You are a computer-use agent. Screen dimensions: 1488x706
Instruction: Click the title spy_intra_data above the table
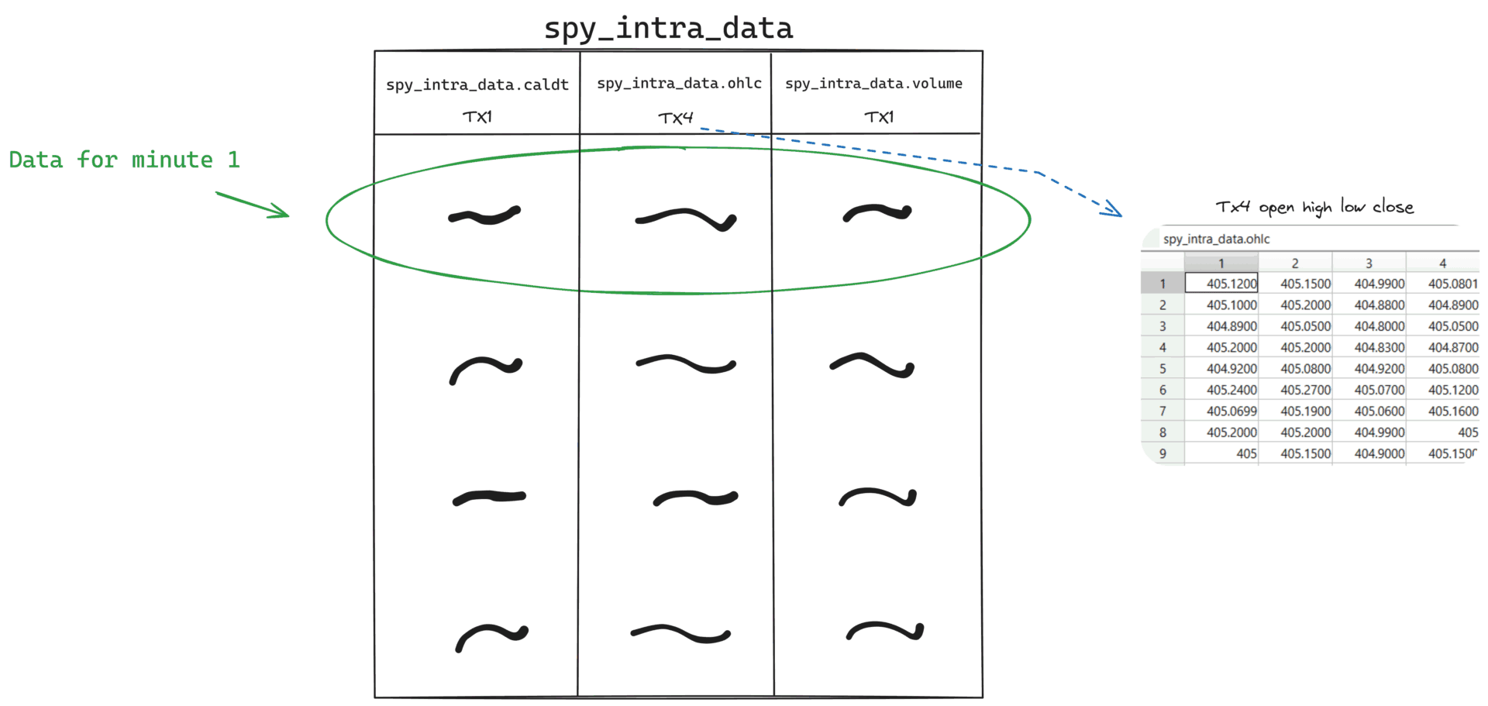tap(668, 29)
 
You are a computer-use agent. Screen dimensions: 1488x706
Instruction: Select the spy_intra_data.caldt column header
tap(477, 84)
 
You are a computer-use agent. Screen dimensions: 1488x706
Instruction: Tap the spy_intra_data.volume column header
tap(873, 83)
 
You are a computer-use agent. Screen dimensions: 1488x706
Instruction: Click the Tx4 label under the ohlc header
tap(675, 118)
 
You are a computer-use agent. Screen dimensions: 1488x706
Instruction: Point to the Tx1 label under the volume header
tap(879, 117)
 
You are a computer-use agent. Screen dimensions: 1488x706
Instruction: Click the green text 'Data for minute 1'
tap(124, 160)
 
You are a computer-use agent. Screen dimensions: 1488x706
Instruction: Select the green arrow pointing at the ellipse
tap(253, 205)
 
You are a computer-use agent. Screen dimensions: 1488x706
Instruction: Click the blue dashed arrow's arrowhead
tap(1113, 208)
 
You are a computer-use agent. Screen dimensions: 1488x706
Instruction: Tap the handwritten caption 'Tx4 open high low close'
tap(1314, 207)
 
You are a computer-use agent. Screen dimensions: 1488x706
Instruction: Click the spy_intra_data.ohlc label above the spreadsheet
tap(1216, 239)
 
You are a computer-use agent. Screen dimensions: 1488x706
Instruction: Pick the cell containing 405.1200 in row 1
tap(1221, 284)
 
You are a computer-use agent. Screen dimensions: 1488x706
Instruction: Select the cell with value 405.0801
tap(1443, 284)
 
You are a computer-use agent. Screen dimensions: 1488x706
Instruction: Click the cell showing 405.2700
tap(1295, 390)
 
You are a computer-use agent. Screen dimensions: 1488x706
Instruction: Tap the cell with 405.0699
tap(1221, 411)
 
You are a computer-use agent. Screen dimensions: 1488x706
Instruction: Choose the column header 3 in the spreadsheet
tap(1369, 263)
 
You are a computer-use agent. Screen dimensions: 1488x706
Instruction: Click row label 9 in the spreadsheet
tap(1162, 453)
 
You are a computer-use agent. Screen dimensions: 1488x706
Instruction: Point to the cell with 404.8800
tap(1369, 305)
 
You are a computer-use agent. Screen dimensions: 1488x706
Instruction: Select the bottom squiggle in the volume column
tap(885, 632)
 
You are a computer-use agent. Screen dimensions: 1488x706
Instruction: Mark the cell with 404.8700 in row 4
tap(1443, 347)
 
